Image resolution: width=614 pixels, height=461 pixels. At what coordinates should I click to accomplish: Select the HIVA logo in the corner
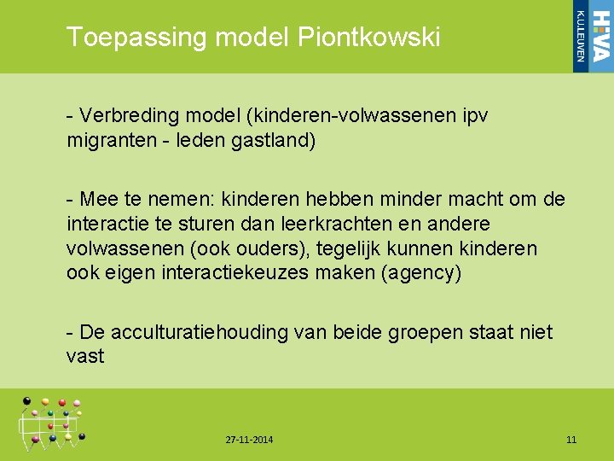600,37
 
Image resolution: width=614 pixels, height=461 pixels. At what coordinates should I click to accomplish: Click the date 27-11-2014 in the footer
250,440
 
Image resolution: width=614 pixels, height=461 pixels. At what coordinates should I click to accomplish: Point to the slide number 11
571,440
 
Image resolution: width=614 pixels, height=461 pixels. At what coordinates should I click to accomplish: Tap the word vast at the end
85,356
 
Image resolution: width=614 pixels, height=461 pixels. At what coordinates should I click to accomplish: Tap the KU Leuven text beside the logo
581,37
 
